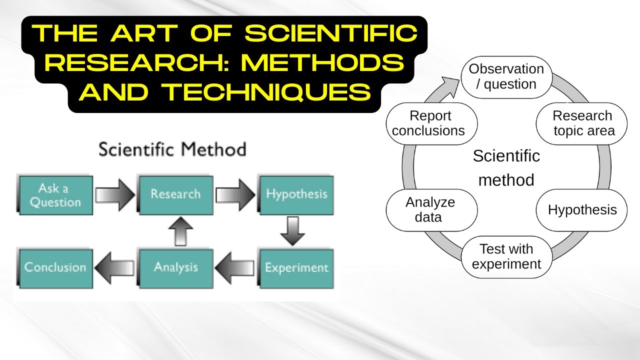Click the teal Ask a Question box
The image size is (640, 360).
pos(55,195)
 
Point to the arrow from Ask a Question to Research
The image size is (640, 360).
pos(115,194)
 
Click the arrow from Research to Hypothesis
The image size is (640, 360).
pos(235,194)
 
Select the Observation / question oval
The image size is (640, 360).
pos(506,77)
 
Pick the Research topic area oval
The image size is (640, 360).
pos(582,123)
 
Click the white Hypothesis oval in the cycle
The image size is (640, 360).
pos(582,210)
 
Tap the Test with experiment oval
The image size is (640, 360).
pos(506,256)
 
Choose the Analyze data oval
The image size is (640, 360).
pos(430,210)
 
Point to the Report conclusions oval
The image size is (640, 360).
pos(430,123)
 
